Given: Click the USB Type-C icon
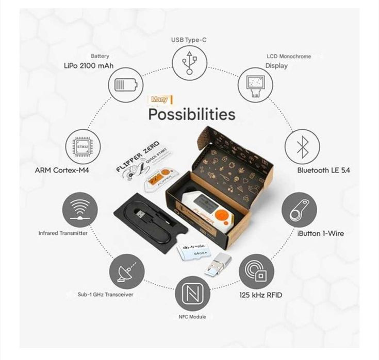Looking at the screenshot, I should tap(189, 62).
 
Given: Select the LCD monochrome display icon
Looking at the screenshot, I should tap(255, 83).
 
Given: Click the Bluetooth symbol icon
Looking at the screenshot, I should tap(303, 146).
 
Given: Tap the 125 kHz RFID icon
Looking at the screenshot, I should tap(256, 271).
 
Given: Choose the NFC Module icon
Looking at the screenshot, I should tap(192, 293).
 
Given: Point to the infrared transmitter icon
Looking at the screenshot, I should tap(79, 210).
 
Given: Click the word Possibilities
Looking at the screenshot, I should tap(191, 114).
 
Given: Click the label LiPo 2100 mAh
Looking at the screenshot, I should tap(89, 66).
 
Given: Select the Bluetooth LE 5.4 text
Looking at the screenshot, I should tap(323, 170).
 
